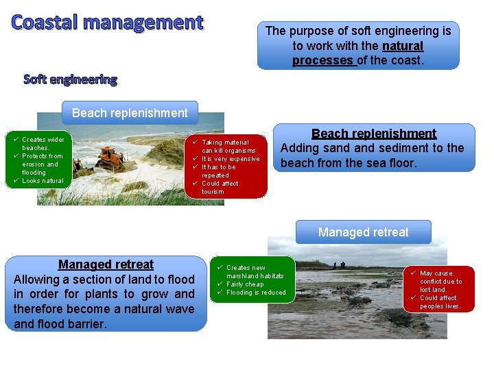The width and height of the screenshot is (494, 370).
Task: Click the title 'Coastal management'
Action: point(108,23)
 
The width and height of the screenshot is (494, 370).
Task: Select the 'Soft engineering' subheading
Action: point(70,79)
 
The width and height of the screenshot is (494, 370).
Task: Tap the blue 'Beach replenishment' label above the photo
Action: point(130,112)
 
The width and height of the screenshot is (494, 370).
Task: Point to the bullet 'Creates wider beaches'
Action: point(43,143)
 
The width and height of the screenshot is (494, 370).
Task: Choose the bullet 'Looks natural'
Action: point(42,181)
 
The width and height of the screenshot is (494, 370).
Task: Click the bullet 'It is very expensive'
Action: point(231,159)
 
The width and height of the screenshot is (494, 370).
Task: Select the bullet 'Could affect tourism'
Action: point(220,187)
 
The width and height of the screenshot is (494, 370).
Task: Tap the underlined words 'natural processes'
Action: point(357,53)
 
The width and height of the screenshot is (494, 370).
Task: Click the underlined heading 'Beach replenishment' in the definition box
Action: point(374,134)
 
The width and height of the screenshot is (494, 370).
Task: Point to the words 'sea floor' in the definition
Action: point(395,164)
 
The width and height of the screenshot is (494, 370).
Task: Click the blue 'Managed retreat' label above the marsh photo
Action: point(363,232)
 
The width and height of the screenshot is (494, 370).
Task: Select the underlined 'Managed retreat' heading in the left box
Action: point(106,264)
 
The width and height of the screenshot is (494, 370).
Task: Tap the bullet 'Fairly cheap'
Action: point(245,284)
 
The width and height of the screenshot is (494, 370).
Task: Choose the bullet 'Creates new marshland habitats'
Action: point(254,271)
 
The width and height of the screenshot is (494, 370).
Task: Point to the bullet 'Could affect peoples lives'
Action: point(439,302)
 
